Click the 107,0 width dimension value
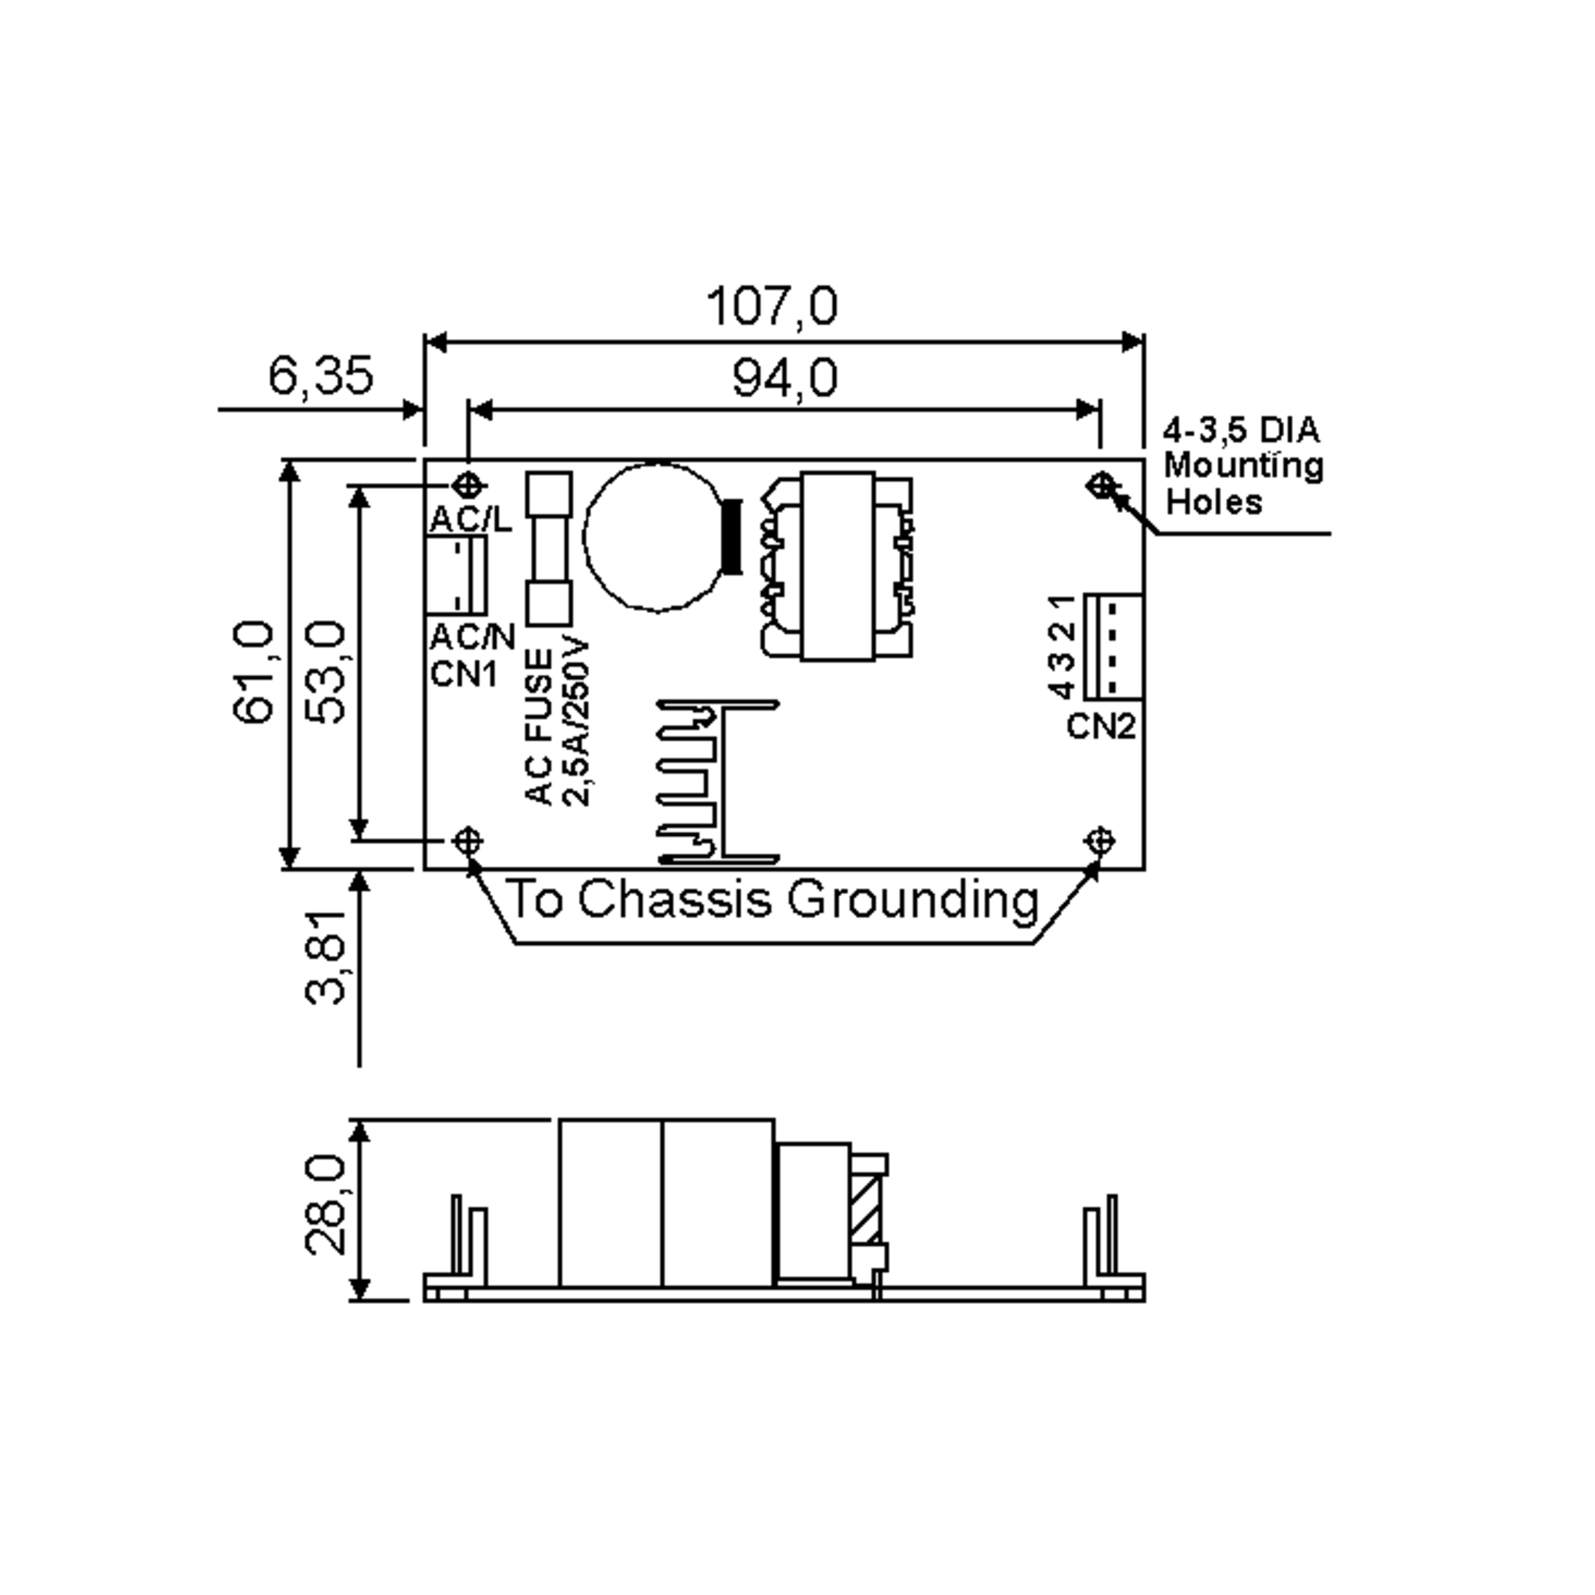tap(772, 306)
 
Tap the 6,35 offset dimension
tap(320, 375)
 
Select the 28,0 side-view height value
tap(325, 1206)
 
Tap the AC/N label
tap(473, 637)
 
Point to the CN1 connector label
tap(464, 675)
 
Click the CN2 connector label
tap(1101, 726)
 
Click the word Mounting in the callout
tap(1243, 467)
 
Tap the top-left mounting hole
tap(468, 485)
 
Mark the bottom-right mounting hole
tap(1101, 841)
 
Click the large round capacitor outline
tap(585, 536)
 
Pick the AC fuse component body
tap(549, 548)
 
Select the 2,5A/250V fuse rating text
tap(577, 722)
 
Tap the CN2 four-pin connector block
tap(1113, 647)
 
